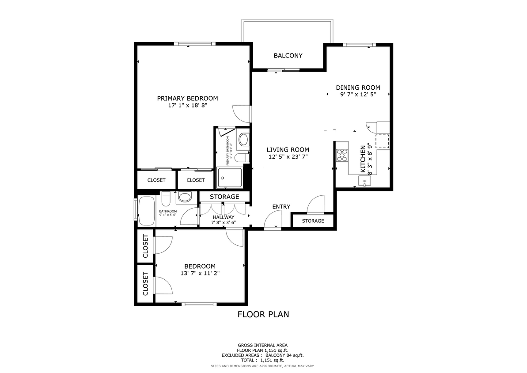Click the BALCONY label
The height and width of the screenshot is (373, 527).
(x=288, y=56)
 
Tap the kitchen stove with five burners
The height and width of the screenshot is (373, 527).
(x=342, y=155)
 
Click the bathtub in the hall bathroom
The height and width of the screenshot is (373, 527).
(x=146, y=211)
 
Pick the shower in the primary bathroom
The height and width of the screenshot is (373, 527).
(x=230, y=178)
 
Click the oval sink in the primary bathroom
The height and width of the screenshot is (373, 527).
(x=243, y=140)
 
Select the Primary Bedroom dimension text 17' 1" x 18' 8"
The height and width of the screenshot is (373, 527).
(x=187, y=106)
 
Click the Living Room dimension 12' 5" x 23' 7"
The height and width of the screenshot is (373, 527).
(x=288, y=157)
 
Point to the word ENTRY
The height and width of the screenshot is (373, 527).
(x=281, y=206)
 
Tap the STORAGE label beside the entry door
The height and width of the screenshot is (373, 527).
(x=313, y=221)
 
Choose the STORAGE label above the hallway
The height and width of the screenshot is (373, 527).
(x=224, y=197)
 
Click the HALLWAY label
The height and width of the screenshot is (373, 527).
(x=224, y=217)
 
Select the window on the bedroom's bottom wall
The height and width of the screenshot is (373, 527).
(x=199, y=304)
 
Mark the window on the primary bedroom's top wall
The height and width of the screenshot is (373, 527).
(x=194, y=43)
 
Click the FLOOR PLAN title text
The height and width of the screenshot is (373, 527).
(x=263, y=315)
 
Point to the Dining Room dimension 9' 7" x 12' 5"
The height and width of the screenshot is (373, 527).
(x=358, y=95)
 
